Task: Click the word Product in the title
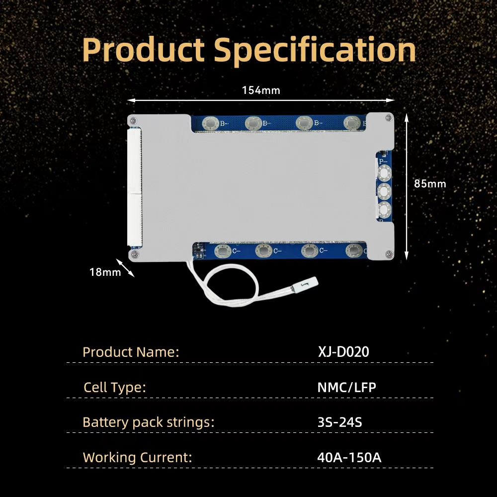pyautogui.click(x=143, y=50)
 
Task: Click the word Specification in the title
pyautogui.click(x=315, y=50)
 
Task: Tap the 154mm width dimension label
pyautogui.click(x=261, y=90)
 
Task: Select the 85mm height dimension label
pyautogui.click(x=430, y=183)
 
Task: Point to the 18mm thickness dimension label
pyautogui.click(x=105, y=272)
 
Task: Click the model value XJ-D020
pyautogui.click(x=343, y=352)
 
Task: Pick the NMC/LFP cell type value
pyautogui.click(x=347, y=387)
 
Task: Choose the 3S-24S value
pyautogui.click(x=340, y=422)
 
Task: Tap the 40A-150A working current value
pyautogui.click(x=349, y=457)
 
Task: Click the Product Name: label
pyautogui.click(x=131, y=352)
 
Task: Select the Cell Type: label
pyautogui.click(x=115, y=387)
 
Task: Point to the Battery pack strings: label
pyautogui.click(x=148, y=422)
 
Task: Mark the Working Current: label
pyautogui.click(x=137, y=457)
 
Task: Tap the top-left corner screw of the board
pyautogui.click(x=134, y=120)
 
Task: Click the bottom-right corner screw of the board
pyautogui.click(x=390, y=253)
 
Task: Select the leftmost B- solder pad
pyautogui.click(x=211, y=123)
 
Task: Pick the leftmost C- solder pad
pyautogui.click(x=223, y=251)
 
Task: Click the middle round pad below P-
pyautogui.click(x=384, y=191)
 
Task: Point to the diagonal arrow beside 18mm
pyautogui.click(x=125, y=268)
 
